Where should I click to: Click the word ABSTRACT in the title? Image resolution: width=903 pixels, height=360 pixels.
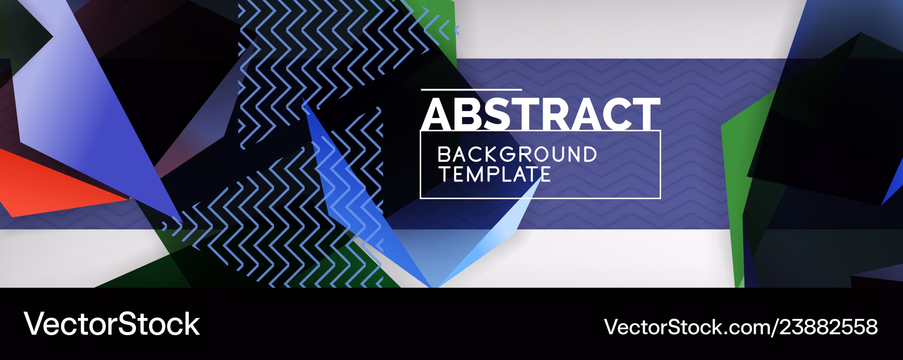click(541, 114)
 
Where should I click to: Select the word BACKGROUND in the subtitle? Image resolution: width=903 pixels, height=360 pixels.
click(517, 154)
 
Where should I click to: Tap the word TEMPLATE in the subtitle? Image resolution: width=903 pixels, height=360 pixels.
click(495, 174)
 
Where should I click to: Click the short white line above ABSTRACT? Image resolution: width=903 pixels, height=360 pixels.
click(471, 90)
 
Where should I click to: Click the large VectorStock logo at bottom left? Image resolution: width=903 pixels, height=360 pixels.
click(112, 324)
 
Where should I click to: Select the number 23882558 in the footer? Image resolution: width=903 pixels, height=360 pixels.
click(829, 327)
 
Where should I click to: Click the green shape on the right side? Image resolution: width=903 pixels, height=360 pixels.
click(740, 181)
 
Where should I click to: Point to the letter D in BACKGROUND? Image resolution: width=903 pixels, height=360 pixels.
click(588, 154)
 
